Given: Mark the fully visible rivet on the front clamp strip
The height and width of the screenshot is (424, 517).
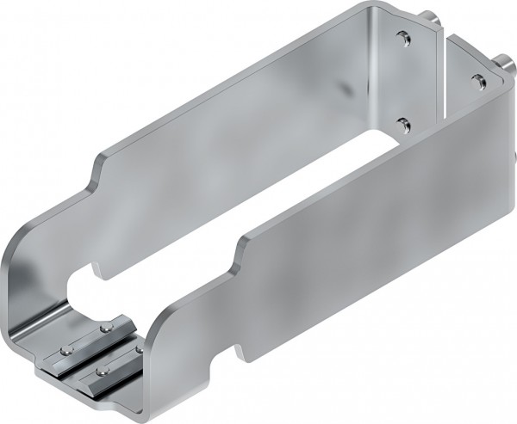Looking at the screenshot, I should click(102, 370).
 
